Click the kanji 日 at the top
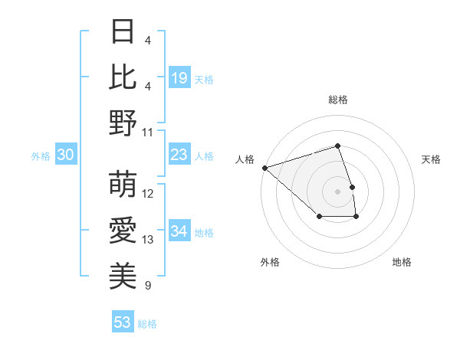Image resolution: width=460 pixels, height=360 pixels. pos(123,32)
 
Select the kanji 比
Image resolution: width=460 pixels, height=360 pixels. pos(123,77)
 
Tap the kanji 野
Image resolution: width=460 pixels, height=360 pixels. pos(123,123)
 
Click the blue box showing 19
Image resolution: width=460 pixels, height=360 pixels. pos(179,77)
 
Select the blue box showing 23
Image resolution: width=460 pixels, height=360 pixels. pos(179,155)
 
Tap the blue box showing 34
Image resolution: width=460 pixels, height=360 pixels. pos(179,231)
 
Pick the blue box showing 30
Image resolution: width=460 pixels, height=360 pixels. pos(65,155)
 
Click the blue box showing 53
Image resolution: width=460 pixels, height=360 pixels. pos(122,322)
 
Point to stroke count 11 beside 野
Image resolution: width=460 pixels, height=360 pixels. pos(148,132)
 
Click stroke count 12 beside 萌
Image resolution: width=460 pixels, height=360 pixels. pos(148,194)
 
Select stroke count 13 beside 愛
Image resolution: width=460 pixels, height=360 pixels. pos(148,240)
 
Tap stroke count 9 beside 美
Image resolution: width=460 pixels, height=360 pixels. pos(148,286)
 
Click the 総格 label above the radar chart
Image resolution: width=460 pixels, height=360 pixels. pos(337,100)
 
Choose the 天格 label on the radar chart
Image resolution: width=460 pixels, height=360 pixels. pos(432,159)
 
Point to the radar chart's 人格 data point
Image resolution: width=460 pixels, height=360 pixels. pos(264,167)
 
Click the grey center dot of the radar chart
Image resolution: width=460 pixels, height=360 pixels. pos(337,191)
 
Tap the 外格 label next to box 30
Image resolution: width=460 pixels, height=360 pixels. pos(41,156)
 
